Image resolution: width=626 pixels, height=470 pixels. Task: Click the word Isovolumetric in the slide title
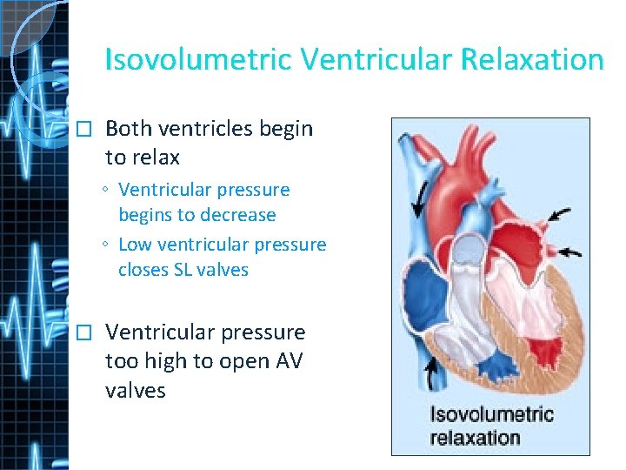(x=198, y=60)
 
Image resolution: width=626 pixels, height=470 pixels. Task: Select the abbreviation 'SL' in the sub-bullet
(x=184, y=270)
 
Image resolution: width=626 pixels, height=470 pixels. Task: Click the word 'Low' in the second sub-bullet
(x=135, y=245)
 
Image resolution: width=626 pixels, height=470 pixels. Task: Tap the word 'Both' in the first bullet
(x=129, y=129)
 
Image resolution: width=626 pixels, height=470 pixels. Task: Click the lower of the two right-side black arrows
(x=570, y=252)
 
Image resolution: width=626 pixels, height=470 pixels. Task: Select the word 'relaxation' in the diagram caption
(x=475, y=437)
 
